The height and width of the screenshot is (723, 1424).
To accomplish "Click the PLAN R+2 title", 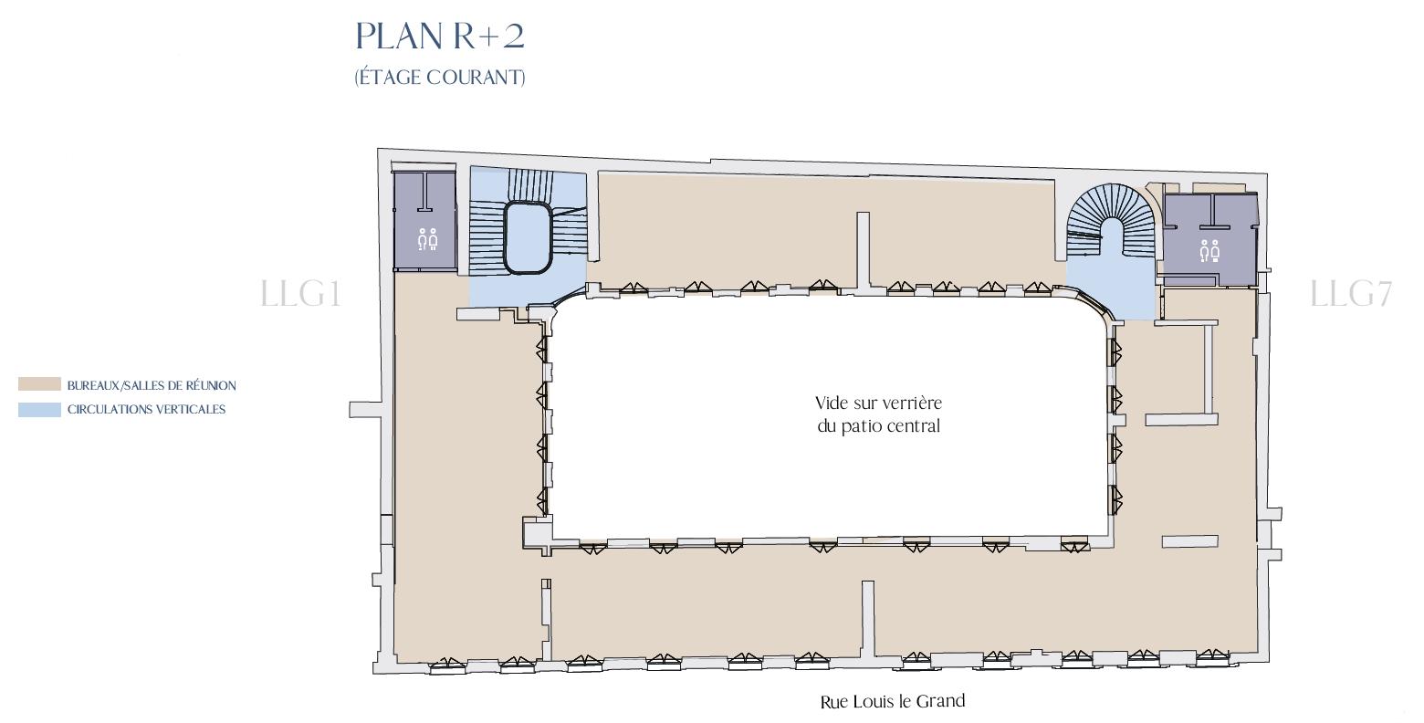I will pyautogui.click(x=440, y=37).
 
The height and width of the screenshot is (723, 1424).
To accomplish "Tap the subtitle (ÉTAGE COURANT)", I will pyautogui.click(x=440, y=78).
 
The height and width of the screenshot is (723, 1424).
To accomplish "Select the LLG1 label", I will pyautogui.click(x=300, y=295).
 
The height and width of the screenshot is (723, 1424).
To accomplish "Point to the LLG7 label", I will pyautogui.click(x=1350, y=295).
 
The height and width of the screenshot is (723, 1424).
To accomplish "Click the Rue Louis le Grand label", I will pyautogui.click(x=892, y=702).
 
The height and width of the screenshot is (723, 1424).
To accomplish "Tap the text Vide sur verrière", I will pyautogui.click(x=878, y=403).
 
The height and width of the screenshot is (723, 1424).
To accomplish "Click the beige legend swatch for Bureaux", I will pyautogui.click(x=39, y=385).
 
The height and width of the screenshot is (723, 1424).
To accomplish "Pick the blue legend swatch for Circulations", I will pyautogui.click(x=39, y=410).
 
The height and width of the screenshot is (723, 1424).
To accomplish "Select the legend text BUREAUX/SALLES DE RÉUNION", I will pyautogui.click(x=152, y=386).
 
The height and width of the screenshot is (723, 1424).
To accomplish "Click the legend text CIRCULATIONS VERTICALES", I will pyautogui.click(x=146, y=410).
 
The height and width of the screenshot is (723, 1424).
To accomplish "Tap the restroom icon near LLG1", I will pyautogui.click(x=427, y=239).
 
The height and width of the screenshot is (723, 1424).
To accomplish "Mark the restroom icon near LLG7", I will pyautogui.click(x=1209, y=249).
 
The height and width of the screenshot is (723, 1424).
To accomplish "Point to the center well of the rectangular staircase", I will pyautogui.click(x=528, y=237).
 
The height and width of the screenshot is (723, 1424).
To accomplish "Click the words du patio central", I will pyautogui.click(x=878, y=426).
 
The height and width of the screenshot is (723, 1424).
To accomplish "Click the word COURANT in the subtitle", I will pyautogui.click(x=478, y=78).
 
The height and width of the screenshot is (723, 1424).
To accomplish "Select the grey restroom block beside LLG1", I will pyautogui.click(x=424, y=221).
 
